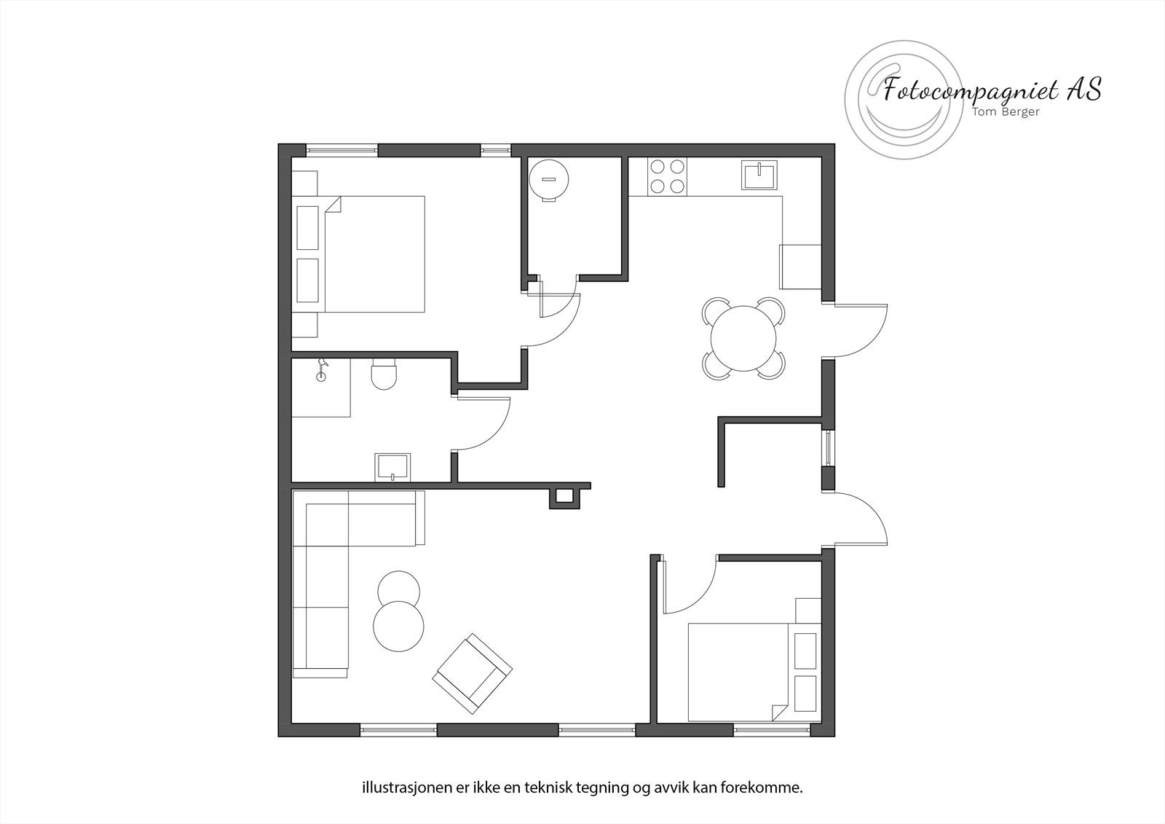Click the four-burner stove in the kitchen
pos(668,176)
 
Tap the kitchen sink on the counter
pos(759,175)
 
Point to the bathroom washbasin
pos(393,467)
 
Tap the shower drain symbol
pos(320,377)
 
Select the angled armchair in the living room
pos(472,673)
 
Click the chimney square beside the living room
pos(565,497)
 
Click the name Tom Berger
pos(1006,111)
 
